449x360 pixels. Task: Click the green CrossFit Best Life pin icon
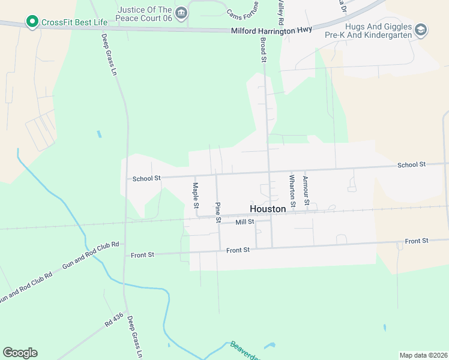pos(32,23)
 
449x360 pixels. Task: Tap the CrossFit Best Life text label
pos(74,23)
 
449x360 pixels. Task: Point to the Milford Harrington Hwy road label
pos(271,31)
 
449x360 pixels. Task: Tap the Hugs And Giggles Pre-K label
pos(379,31)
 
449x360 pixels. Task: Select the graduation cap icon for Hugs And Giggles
pos(421,29)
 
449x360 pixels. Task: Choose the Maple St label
pos(196,196)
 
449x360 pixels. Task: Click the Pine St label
pos(217,212)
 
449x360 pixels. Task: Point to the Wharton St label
pos(292,190)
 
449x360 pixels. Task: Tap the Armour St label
pos(306,190)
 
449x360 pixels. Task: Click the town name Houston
pos(267,209)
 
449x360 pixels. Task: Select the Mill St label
pos(245,221)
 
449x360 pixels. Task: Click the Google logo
pos(20,353)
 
